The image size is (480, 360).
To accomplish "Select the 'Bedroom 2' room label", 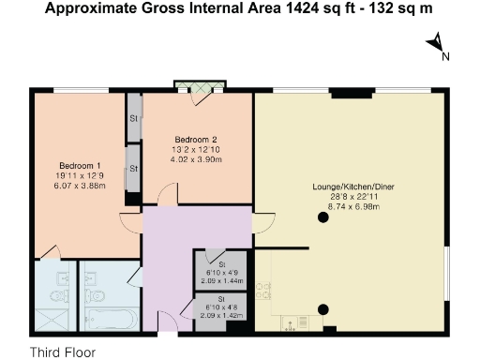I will (196, 141).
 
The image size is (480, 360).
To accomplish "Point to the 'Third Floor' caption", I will (63, 352).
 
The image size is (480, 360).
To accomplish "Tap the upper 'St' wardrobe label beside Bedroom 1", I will (134, 119).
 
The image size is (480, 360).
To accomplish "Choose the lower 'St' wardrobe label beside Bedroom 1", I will (134, 168).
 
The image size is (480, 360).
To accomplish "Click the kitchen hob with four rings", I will (264, 290).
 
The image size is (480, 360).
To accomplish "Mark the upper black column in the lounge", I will (322, 218).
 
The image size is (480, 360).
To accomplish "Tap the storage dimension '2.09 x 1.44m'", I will (221, 280).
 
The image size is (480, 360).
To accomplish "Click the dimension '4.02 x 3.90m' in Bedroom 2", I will (196, 159).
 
